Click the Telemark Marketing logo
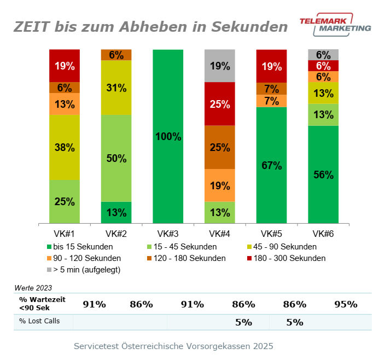coord(335,24)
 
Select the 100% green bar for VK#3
coord(168,136)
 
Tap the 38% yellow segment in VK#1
coord(65,147)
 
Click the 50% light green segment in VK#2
coord(116,158)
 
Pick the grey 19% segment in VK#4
coord(219,66)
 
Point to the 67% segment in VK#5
coord(271,165)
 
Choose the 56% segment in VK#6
coord(323,175)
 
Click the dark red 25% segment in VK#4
coord(219,103)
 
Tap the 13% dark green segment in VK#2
coord(116,212)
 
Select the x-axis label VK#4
coord(219,234)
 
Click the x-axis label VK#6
coord(323,234)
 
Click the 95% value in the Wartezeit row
coord(346,304)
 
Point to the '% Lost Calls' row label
coord(39,321)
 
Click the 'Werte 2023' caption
coord(32,287)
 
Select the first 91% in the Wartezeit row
coord(94,304)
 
